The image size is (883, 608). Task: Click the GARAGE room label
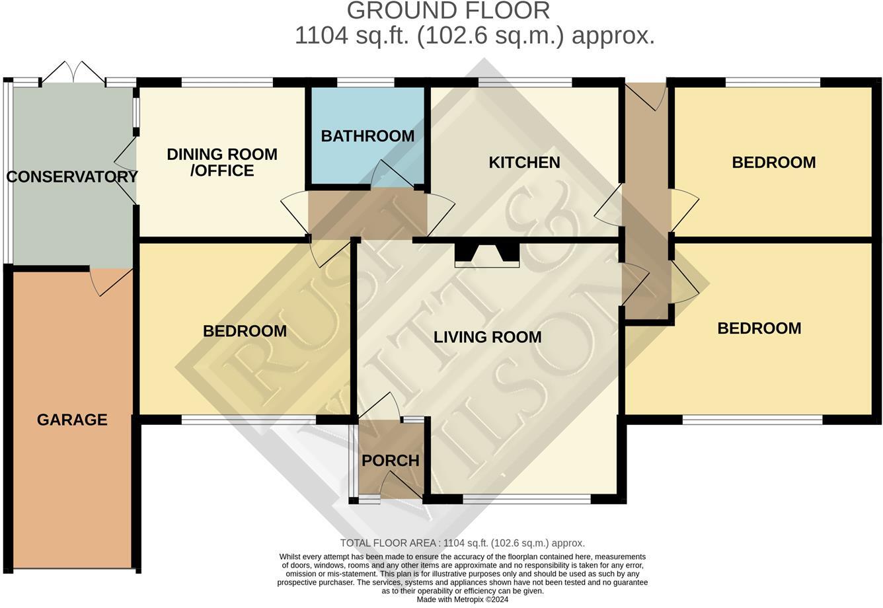point(72,420)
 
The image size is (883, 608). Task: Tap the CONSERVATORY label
point(71,176)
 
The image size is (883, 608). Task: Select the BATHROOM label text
point(367,136)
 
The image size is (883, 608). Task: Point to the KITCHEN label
point(524,163)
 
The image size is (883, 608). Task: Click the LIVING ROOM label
point(487,337)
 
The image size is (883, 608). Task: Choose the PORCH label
point(391,461)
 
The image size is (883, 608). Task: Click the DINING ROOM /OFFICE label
point(221,163)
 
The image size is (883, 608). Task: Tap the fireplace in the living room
point(487,255)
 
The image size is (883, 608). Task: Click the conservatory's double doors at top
point(73,73)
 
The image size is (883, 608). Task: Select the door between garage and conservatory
point(111,281)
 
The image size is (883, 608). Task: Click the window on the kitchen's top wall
point(525,83)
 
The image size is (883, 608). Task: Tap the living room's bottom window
point(526,500)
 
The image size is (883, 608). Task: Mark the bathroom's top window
point(365,83)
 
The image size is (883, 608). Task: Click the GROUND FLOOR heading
point(448,11)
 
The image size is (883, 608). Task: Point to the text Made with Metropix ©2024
point(462,599)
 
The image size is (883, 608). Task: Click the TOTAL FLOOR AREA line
point(462,543)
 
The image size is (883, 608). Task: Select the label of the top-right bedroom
point(773,163)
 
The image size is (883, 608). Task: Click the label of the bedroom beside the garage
point(245,331)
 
